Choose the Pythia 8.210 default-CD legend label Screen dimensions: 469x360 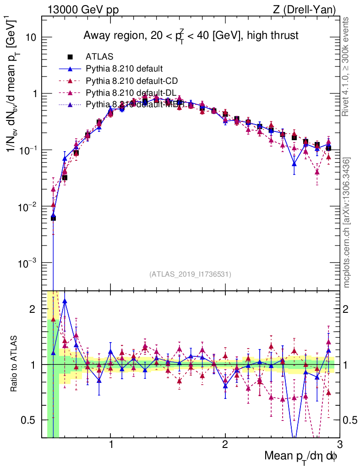(131, 81)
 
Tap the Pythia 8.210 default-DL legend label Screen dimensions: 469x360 (131, 93)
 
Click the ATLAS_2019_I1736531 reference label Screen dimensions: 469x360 (190, 274)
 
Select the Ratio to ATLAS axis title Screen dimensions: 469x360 (14, 364)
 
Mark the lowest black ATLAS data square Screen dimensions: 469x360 (53, 218)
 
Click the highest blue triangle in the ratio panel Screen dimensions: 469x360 (65, 301)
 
